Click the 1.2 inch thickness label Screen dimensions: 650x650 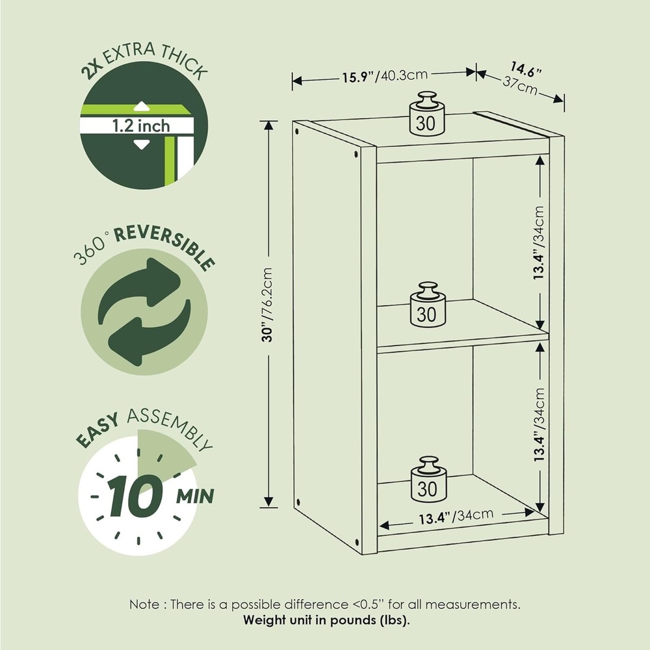141,125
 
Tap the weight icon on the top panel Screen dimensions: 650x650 426,114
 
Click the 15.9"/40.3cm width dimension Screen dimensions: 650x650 384,76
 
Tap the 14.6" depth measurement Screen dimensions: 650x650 526,70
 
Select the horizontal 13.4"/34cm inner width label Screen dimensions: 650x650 456,517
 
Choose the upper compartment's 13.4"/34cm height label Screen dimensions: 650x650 538,242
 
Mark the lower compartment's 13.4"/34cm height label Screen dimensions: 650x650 538,425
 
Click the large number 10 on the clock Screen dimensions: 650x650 136,496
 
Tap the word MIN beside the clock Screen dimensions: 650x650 195,496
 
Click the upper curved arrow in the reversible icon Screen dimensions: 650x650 140,286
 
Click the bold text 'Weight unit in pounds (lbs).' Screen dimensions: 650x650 326,620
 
